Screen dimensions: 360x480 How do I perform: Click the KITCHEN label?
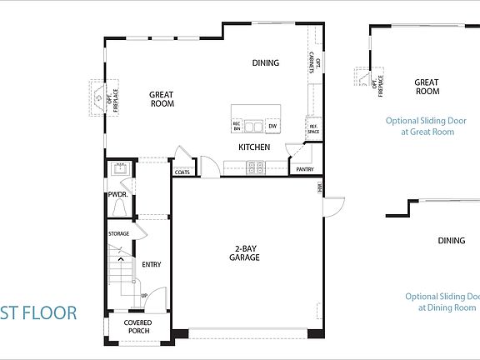(254, 147)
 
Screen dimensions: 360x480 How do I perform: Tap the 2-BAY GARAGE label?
(247, 253)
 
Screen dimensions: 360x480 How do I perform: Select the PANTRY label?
(304, 169)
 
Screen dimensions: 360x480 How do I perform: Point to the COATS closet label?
(182, 172)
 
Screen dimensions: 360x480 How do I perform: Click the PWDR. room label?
(117, 194)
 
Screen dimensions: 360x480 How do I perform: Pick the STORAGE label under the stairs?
(118, 233)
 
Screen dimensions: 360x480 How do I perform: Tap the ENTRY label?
(151, 265)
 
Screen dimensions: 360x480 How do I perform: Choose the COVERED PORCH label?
(137, 327)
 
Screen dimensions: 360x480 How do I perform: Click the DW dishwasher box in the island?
(272, 126)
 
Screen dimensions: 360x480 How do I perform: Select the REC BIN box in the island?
(237, 126)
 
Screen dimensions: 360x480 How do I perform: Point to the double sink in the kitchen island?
(254, 126)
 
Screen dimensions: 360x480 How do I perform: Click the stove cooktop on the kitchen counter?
(254, 167)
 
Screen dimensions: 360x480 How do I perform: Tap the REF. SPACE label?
(313, 129)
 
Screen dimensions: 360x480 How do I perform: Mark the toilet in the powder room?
(120, 207)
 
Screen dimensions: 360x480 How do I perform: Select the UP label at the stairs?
(144, 295)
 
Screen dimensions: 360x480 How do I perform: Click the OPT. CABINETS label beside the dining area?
(311, 63)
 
